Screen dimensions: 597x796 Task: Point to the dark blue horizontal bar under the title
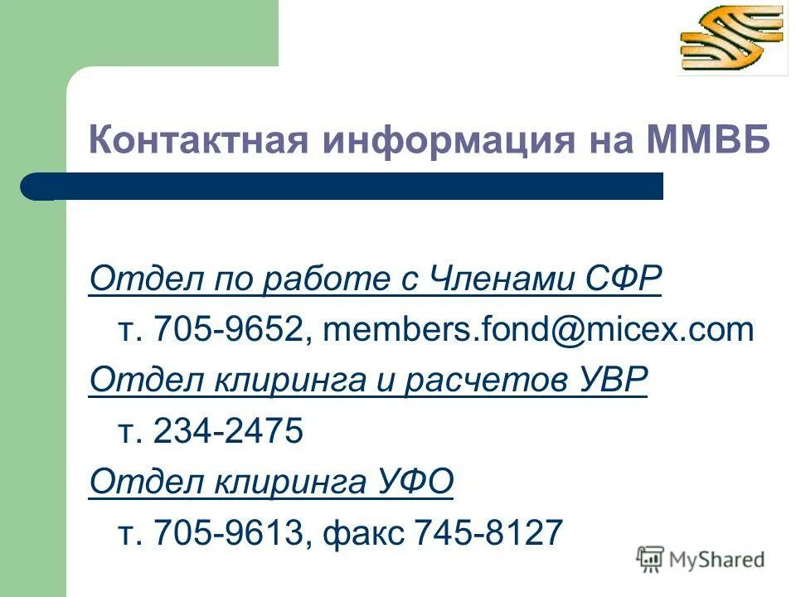(348, 186)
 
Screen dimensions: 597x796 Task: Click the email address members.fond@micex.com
(538, 331)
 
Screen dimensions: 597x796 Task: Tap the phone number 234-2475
(229, 431)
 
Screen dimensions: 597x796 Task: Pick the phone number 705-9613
(229, 531)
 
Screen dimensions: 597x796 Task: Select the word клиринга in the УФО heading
(274, 481)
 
